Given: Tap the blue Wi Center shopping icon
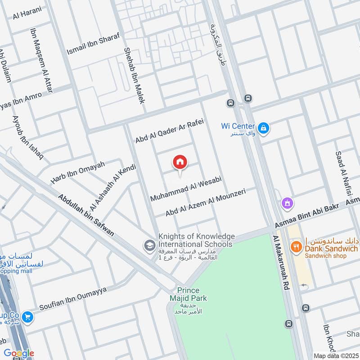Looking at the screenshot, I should point(264,129).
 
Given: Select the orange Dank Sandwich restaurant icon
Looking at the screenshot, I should point(296,246).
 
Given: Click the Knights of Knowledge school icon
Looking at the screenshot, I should point(148,245).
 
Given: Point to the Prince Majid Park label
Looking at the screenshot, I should point(192,294).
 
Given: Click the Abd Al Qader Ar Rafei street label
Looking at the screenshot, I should point(170,131).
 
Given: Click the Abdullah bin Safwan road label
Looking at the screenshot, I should point(86,216).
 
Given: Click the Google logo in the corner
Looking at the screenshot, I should point(18,354).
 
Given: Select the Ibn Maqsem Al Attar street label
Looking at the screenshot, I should point(41,60).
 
